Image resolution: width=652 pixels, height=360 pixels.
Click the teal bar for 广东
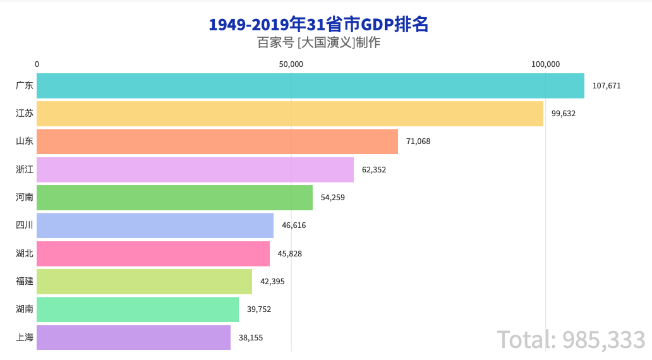tap(310, 86)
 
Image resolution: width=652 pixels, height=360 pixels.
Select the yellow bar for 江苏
tap(290, 114)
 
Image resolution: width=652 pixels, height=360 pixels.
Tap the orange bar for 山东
tap(217, 141)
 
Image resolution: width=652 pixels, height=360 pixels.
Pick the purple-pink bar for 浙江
tap(195, 169)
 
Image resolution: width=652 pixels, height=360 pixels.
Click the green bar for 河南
tap(174, 198)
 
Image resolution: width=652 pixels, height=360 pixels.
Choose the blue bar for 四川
tap(155, 225)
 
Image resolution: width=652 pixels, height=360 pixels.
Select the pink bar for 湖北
tap(153, 253)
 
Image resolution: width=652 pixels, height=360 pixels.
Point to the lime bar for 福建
tap(144, 282)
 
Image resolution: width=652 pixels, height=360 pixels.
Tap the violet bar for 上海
tap(133, 337)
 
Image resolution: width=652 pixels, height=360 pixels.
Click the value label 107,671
tap(607, 86)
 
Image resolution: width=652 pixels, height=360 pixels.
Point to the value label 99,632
tap(564, 114)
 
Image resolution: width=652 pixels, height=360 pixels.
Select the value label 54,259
tap(333, 198)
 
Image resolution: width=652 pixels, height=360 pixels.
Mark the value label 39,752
tap(259, 309)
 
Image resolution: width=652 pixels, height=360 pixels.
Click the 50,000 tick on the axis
tap(291, 64)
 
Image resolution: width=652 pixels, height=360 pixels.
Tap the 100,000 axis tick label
tap(546, 64)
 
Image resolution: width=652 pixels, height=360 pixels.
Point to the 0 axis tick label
tap(37, 64)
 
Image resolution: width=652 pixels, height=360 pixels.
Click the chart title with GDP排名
tap(318, 25)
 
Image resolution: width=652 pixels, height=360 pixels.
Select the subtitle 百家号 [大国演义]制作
tap(318, 43)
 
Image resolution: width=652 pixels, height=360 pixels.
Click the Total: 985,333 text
tap(571, 340)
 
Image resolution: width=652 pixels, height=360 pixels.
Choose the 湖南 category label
tap(25, 309)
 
